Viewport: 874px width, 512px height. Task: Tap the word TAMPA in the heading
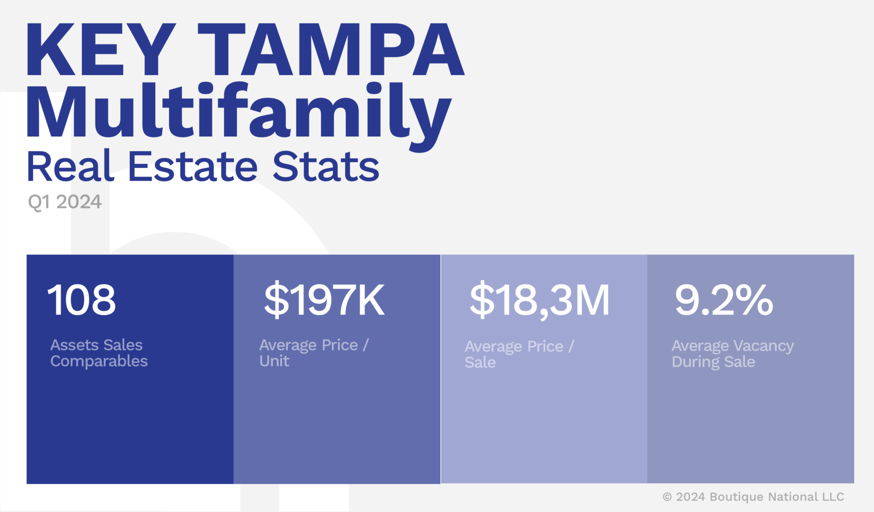click(331, 49)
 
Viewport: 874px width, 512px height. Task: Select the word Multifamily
click(239, 112)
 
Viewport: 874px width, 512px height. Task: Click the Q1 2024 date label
click(65, 202)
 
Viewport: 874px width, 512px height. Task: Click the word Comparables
click(99, 361)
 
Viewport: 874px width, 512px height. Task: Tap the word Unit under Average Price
click(274, 361)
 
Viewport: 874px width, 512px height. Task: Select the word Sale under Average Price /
click(480, 363)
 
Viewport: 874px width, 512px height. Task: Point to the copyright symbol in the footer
click(667, 497)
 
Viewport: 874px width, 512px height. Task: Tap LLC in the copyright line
click(833, 497)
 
